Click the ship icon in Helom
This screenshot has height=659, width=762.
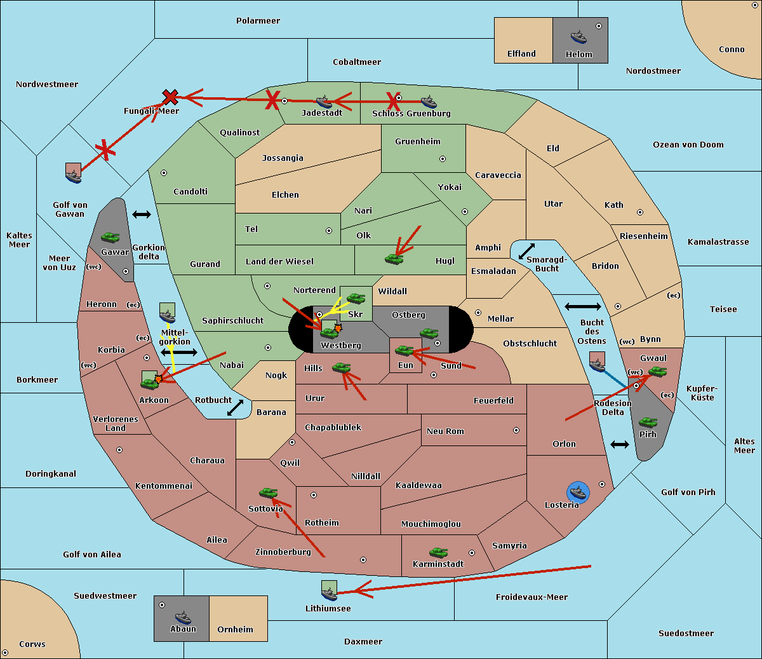coord(578,37)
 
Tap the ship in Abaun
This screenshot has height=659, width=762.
coord(183,618)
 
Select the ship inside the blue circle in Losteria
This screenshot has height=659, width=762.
coord(578,493)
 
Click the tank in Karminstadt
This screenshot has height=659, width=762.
coord(438,553)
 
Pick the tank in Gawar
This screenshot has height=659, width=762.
coord(110,238)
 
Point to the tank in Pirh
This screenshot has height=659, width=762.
coord(648,422)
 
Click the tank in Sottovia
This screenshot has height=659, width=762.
coord(269,493)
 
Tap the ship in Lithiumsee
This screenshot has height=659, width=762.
coord(329,594)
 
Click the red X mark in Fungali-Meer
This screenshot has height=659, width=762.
coord(170,97)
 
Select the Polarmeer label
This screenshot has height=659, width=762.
coord(258,21)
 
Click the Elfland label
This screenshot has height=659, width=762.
coord(521,54)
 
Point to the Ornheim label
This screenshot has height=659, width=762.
coord(235,630)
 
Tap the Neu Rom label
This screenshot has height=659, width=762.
coord(445,431)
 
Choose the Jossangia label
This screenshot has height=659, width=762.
coord(283,158)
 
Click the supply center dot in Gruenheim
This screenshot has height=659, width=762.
coord(443,159)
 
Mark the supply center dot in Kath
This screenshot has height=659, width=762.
coord(640,212)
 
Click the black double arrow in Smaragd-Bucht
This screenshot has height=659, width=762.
coord(526,251)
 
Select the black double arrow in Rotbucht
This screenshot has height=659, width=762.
coord(235,407)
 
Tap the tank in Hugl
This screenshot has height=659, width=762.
coord(394,259)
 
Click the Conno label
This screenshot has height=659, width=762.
coord(732,50)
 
